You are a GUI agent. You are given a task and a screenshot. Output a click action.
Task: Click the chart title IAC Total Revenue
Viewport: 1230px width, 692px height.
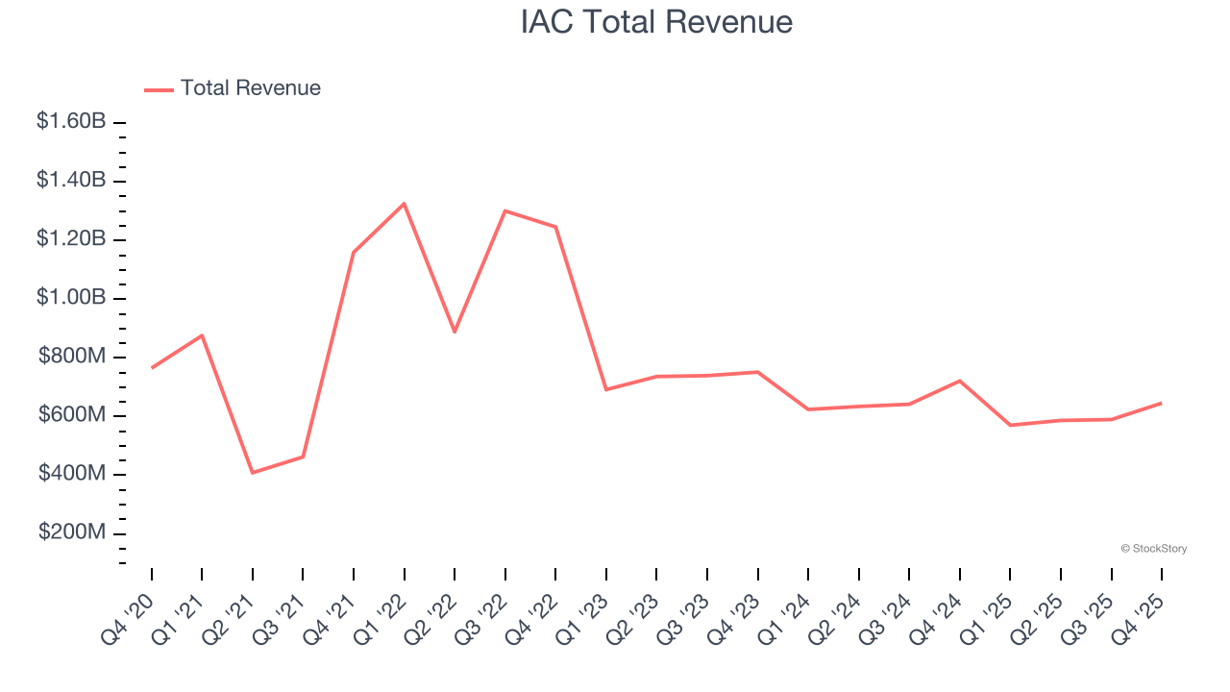656,22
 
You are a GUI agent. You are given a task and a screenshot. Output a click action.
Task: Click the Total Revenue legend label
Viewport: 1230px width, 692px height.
250,88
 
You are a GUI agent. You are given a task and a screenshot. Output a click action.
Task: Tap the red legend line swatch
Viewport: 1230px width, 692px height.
159,89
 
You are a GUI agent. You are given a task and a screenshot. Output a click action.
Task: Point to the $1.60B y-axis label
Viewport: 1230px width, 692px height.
71,122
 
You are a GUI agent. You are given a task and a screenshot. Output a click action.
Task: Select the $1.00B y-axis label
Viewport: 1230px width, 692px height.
71,298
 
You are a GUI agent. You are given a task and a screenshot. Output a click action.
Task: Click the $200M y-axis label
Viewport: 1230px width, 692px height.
72,533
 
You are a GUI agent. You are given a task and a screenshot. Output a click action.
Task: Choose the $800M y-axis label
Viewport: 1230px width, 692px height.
72,357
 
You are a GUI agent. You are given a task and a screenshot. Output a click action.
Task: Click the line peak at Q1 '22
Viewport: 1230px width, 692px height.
405,204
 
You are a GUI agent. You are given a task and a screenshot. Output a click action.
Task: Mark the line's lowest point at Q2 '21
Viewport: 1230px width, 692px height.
253,473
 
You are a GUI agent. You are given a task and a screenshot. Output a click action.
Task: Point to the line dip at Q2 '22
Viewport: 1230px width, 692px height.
455,332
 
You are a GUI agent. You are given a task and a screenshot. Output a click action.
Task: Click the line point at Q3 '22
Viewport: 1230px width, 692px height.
505,210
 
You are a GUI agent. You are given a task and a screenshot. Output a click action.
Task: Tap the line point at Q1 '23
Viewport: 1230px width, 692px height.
606,389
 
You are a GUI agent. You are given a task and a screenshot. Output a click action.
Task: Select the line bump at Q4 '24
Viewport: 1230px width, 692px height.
960,381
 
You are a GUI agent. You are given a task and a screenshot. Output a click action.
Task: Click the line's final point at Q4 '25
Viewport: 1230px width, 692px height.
1162,403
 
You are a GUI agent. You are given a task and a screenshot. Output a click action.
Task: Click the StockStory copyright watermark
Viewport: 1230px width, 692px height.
1153,549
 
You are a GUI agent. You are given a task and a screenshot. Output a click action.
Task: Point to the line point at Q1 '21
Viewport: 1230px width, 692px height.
202,335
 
